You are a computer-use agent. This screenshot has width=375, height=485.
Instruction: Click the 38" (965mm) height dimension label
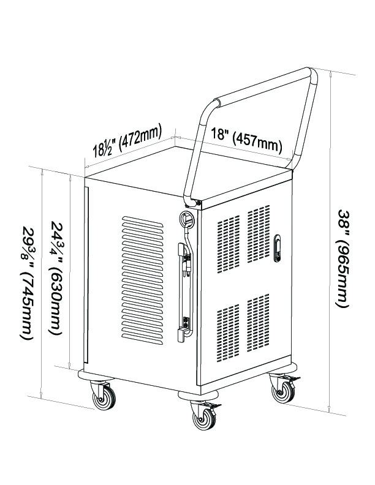pos(343,258)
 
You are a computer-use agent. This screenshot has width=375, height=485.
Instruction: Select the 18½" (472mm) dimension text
pos(127,140)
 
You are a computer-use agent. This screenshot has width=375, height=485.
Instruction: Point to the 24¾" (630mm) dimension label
pos(56,277)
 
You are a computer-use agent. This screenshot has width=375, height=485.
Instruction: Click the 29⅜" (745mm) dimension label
pos(27,282)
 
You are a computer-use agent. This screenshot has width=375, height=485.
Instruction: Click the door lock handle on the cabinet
pos(277,249)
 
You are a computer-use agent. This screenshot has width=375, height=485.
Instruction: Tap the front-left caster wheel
pos(104,396)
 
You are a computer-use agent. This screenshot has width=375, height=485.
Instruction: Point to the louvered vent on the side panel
pos(142,280)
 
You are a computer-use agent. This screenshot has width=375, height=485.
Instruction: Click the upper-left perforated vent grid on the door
pos(229,244)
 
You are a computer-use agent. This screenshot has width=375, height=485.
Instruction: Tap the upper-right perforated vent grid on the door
pos(259,233)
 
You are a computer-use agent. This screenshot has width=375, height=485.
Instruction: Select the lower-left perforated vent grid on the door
pos(229,333)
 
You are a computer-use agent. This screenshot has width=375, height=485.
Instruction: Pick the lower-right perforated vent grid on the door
pos(259,323)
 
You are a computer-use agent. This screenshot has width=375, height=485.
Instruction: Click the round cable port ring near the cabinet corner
pos(186,219)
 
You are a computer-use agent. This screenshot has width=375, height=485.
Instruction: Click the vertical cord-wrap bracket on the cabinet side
pos(184,292)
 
